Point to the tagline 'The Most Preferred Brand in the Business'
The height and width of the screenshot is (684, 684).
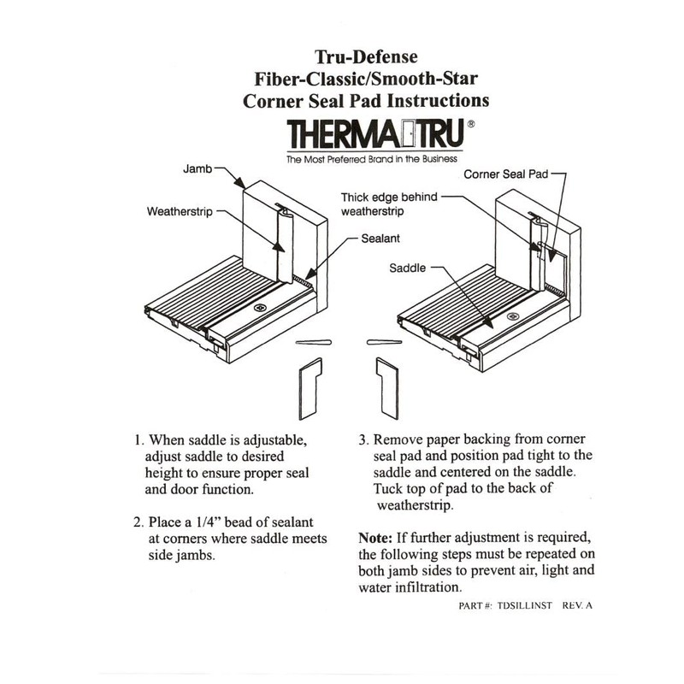coord(371,159)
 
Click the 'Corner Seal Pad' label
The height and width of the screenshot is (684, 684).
coord(504,174)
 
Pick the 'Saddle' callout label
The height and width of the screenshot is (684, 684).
coord(408,266)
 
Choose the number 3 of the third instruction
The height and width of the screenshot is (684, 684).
coord(363,440)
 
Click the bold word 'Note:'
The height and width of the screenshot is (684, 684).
coord(376,540)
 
